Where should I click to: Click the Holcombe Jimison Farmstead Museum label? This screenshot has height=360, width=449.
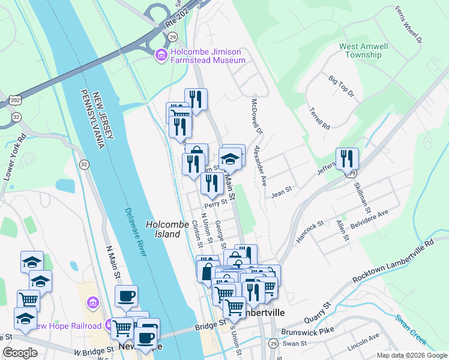208,56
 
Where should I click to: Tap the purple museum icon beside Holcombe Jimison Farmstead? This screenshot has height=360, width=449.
161,56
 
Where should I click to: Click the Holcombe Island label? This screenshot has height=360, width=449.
163,229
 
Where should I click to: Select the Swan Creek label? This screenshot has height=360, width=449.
411,329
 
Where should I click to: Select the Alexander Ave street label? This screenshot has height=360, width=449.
261,164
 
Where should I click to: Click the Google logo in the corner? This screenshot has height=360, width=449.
20,353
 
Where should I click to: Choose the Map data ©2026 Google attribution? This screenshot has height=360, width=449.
411,355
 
